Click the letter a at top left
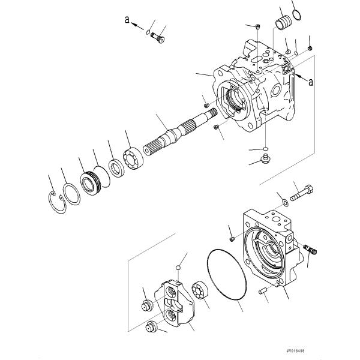pyautogui.click(x=127, y=19)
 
